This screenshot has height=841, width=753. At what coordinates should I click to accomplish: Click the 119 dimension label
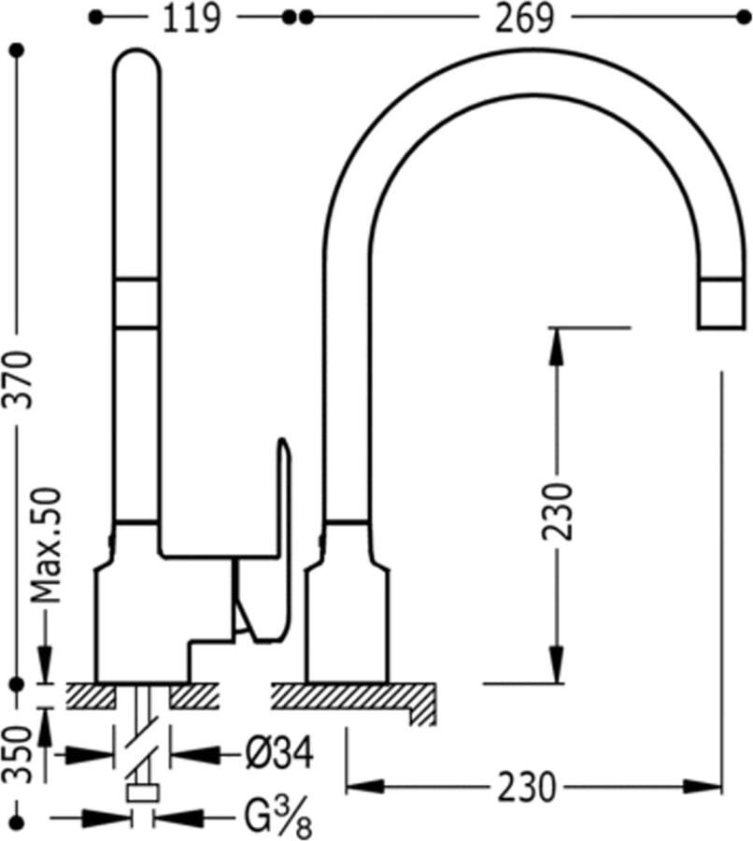(191, 20)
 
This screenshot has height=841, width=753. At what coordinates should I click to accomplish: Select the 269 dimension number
(524, 20)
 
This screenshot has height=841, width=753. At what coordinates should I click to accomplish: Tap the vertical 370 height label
(20, 378)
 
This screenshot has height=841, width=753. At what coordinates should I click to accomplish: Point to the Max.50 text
(46, 545)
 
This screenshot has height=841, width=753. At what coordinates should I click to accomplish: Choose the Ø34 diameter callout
(279, 753)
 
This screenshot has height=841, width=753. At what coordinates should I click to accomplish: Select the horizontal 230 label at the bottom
(527, 788)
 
